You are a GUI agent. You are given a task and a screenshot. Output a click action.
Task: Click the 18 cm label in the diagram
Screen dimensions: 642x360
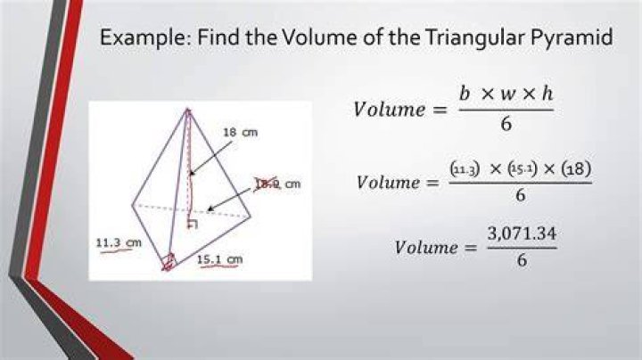pos(241,133)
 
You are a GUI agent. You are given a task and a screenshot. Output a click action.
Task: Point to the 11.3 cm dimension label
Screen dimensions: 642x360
pos(119,242)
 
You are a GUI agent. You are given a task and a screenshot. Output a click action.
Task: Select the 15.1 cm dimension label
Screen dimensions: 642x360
pos(220,259)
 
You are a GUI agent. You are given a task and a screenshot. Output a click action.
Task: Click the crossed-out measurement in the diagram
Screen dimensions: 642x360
pos(267,184)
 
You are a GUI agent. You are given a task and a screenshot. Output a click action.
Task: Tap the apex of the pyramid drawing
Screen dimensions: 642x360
pos(188,110)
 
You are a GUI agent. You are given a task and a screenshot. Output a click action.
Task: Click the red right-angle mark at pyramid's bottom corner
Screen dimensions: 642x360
pos(169,262)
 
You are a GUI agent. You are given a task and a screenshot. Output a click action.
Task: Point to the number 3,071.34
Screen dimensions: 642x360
pos(522,233)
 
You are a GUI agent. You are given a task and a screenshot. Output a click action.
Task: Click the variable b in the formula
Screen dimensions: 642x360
pos(465,94)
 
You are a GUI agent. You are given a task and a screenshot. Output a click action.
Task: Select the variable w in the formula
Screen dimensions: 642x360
pos(506,95)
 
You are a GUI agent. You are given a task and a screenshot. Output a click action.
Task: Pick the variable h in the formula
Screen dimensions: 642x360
pos(547,94)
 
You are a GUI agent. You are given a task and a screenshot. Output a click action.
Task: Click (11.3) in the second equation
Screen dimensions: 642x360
pos(465,168)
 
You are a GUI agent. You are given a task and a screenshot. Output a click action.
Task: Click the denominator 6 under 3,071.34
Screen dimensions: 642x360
pos(522,260)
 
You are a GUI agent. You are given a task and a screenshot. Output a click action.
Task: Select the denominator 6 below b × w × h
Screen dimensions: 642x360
pos(506,124)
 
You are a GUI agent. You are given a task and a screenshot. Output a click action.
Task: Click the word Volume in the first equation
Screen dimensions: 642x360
pos(390,110)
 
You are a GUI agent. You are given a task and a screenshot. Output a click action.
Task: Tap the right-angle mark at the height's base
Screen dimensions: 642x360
pos(192,224)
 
